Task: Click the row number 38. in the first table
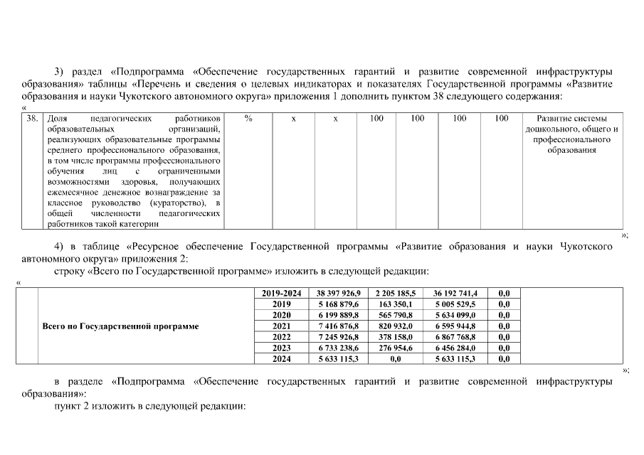point(32,119)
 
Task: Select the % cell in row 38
point(248,119)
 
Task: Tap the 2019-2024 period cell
point(282,293)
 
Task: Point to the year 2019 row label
point(282,304)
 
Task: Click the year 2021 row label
point(282,326)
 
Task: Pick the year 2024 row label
point(282,359)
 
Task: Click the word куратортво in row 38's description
point(174,203)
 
